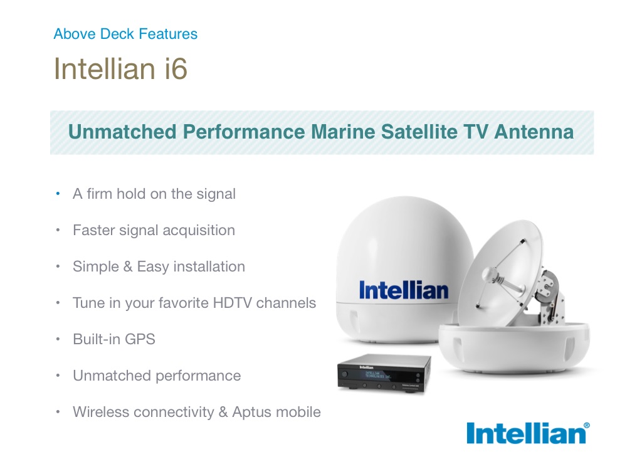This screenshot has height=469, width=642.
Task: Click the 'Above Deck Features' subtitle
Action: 125,34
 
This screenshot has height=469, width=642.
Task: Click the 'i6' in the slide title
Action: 176,68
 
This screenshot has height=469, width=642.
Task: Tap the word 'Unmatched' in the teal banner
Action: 122,132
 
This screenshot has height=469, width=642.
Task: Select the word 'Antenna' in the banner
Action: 534,132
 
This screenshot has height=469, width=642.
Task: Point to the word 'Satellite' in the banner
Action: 419,132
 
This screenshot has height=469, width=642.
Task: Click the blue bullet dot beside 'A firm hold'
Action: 58,194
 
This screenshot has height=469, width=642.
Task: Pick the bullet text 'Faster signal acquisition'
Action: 154,231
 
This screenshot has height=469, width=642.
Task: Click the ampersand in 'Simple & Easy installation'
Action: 128,266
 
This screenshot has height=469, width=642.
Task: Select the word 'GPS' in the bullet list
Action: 140,339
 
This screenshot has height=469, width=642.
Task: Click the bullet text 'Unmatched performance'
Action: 157,376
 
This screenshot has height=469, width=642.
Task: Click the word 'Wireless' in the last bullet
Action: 101,412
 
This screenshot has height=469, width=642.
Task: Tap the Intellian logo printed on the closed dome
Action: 403,290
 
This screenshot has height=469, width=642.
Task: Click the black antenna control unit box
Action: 384,373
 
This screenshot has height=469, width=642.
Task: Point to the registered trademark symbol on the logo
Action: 586,426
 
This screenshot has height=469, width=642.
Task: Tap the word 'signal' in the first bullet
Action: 216,194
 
